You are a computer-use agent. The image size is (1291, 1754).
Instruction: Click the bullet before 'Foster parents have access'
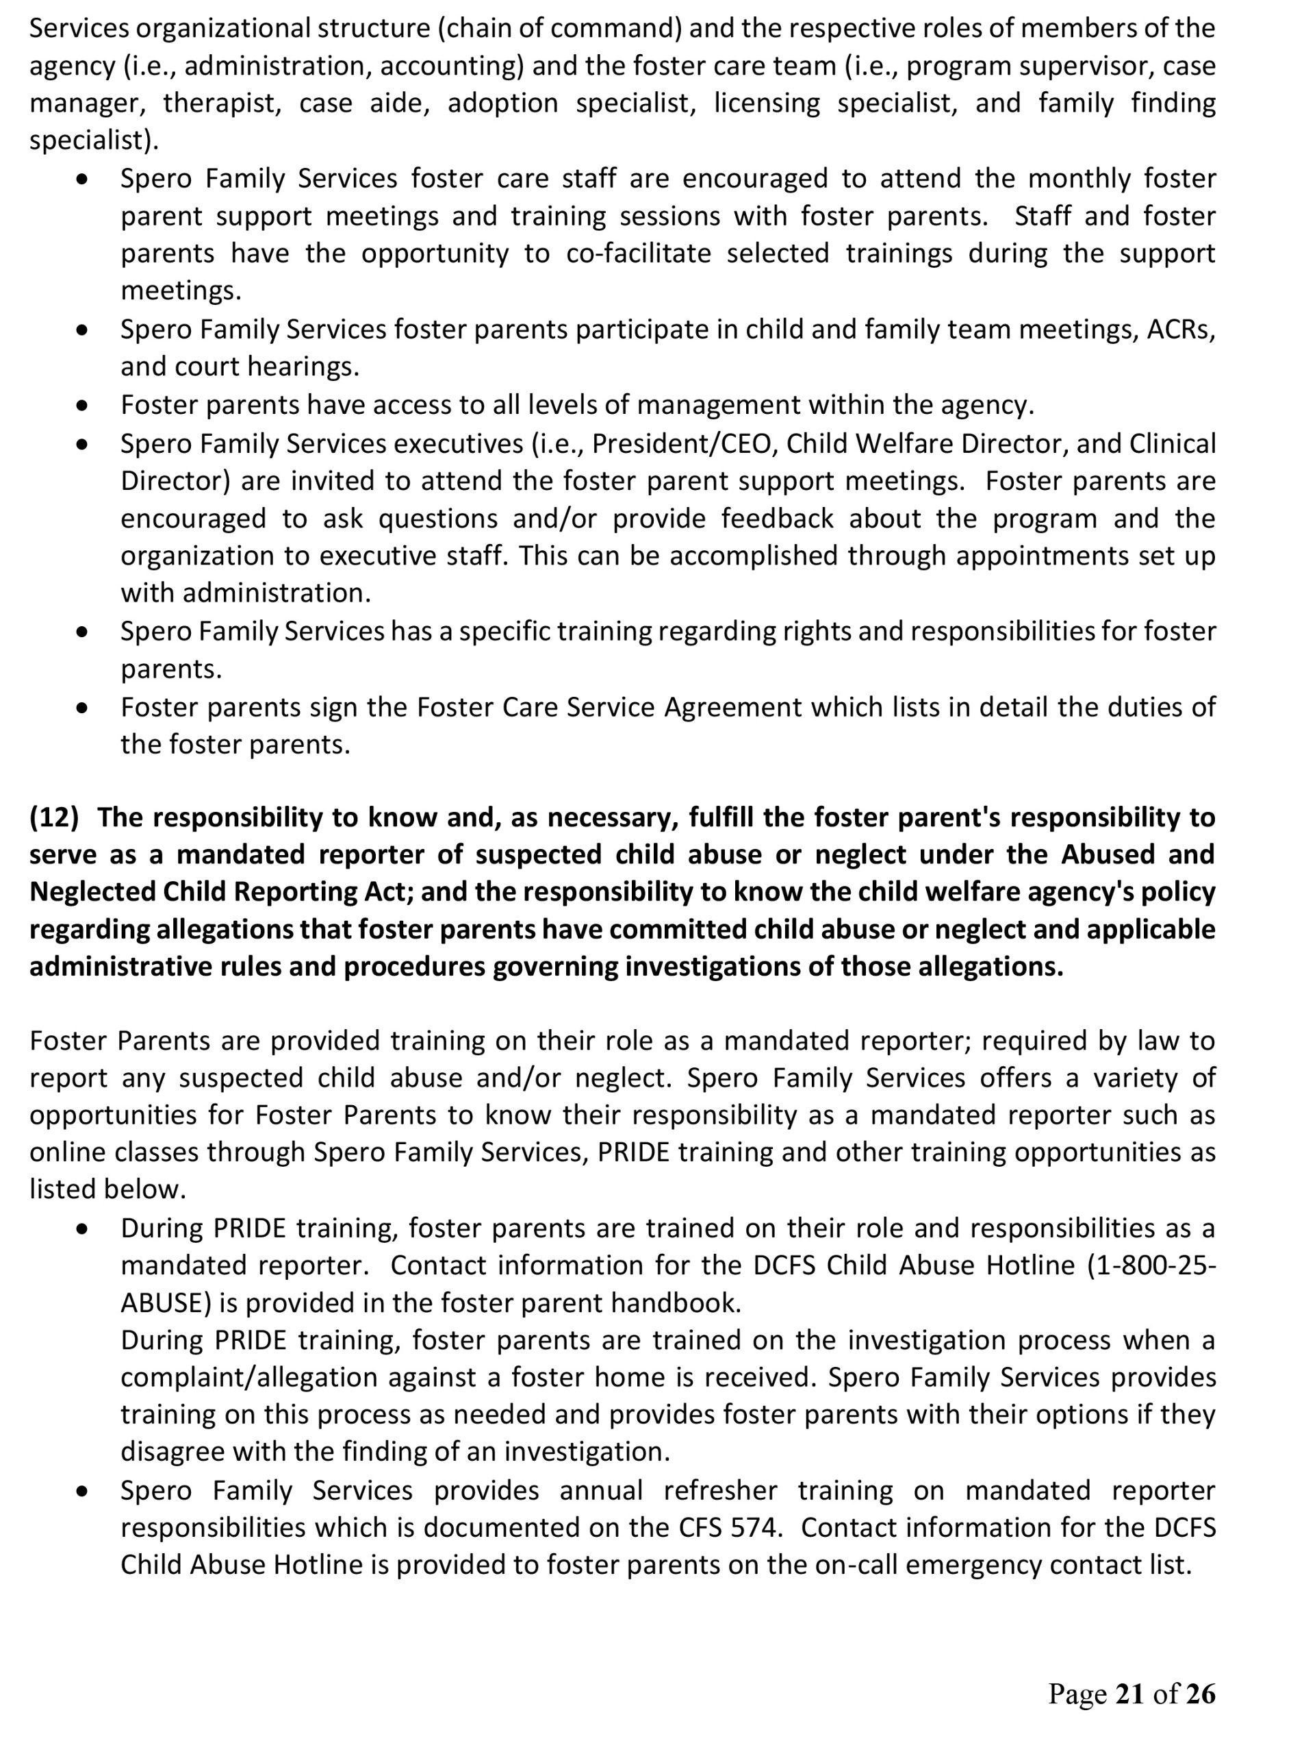(x=81, y=406)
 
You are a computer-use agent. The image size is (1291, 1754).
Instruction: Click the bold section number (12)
(x=54, y=817)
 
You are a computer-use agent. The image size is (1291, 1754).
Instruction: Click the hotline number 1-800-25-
(x=1159, y=1265)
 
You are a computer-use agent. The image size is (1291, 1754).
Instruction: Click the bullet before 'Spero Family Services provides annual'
(x=81, y=1492)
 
